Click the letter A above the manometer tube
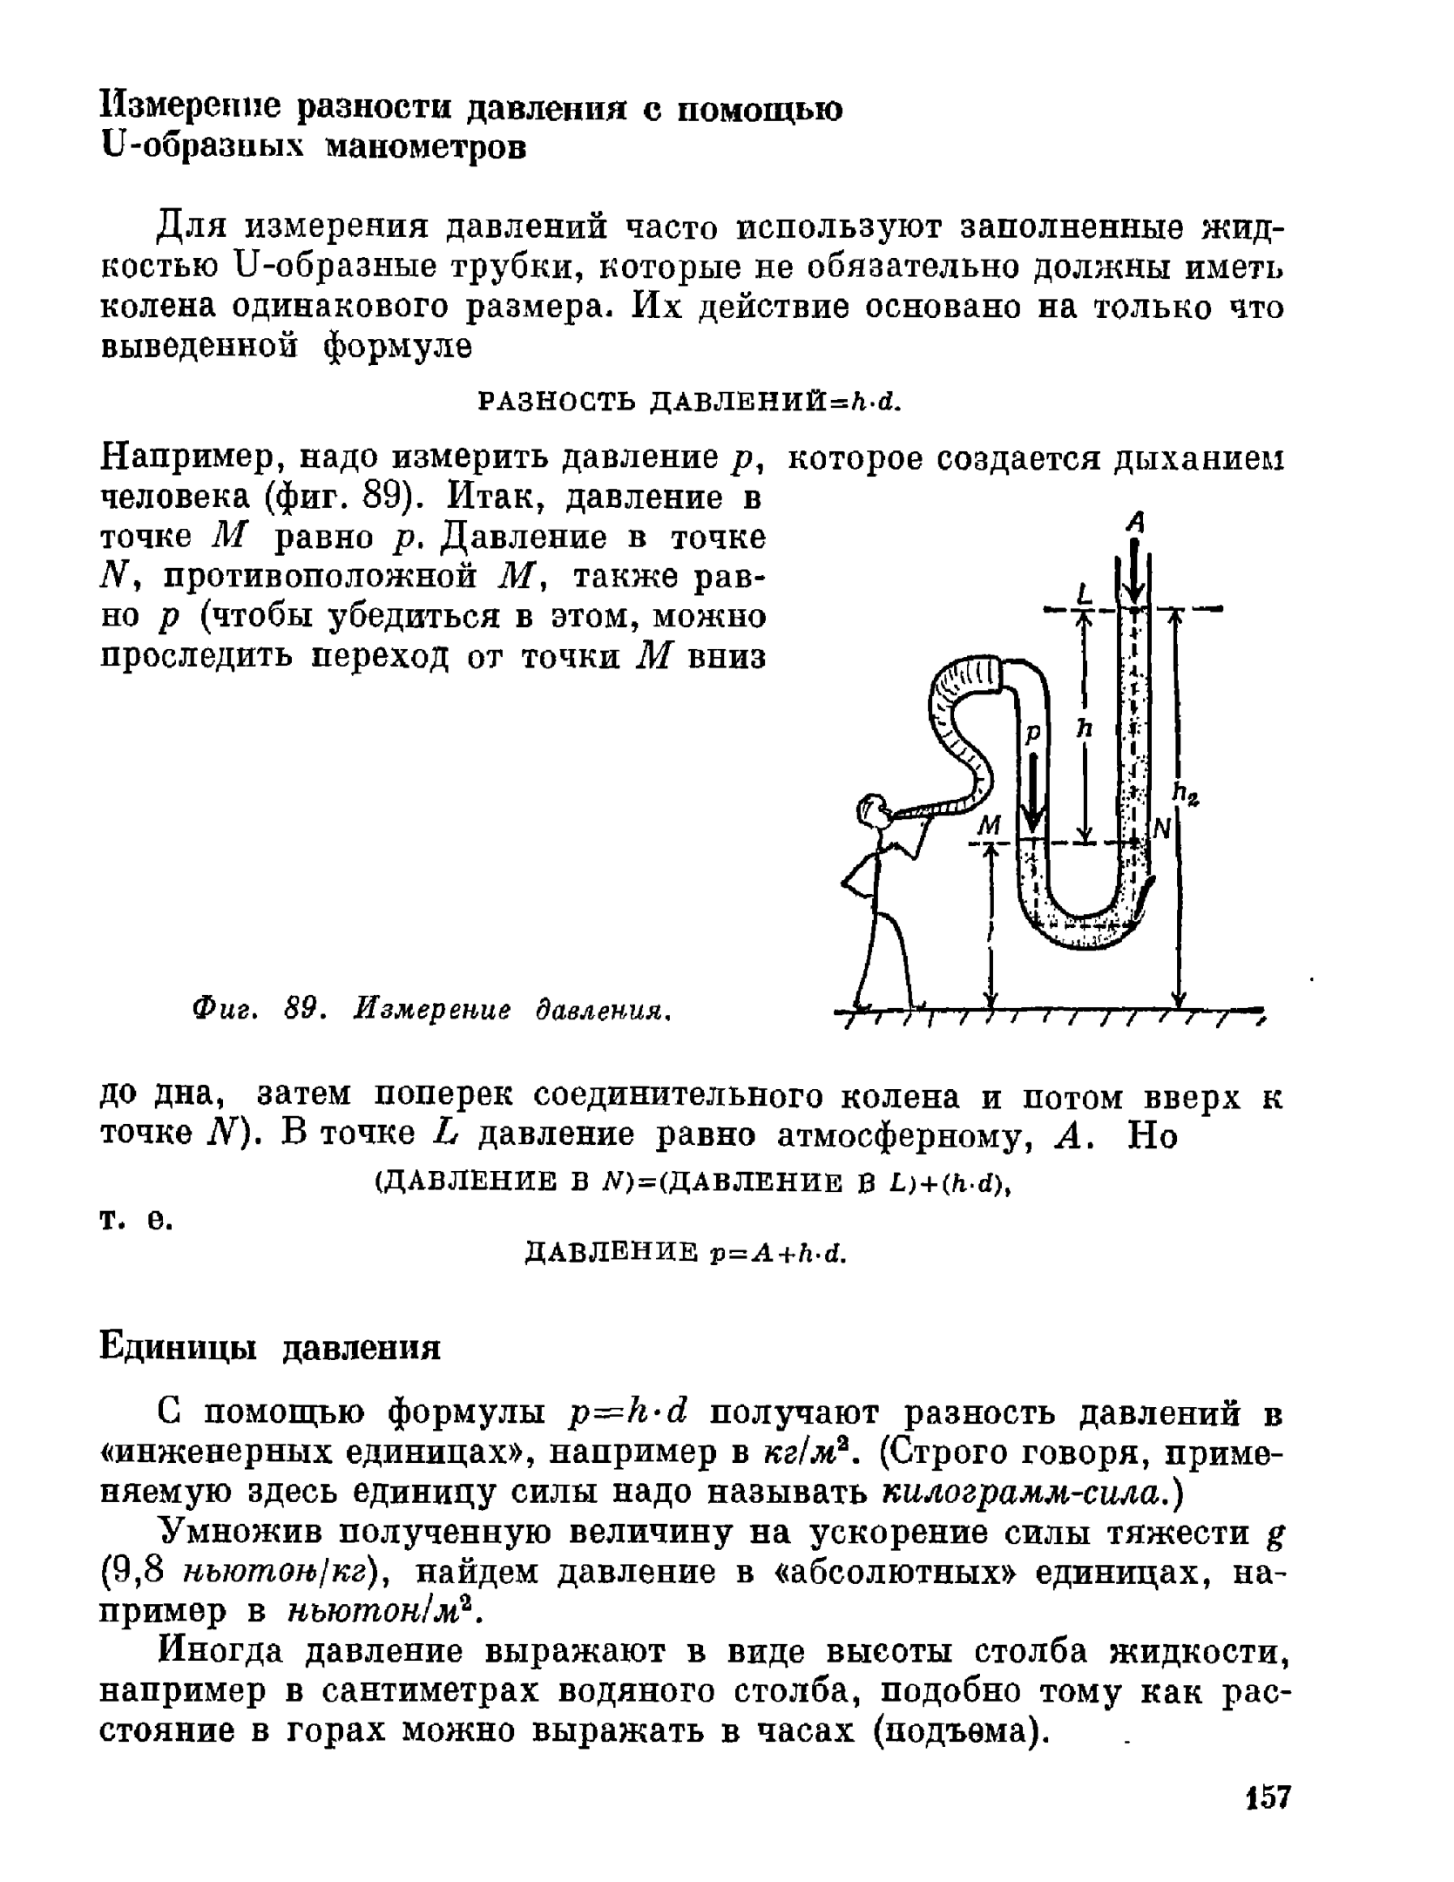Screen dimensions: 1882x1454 pos(1134,522)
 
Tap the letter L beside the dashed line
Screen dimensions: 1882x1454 pos(1084,594)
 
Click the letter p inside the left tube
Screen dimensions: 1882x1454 pos(1031,733)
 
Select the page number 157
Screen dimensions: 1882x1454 pos(1268,1797)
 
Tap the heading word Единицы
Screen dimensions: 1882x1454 pos(186,1347)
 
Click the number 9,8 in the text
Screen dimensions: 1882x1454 pos(133,1571)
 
